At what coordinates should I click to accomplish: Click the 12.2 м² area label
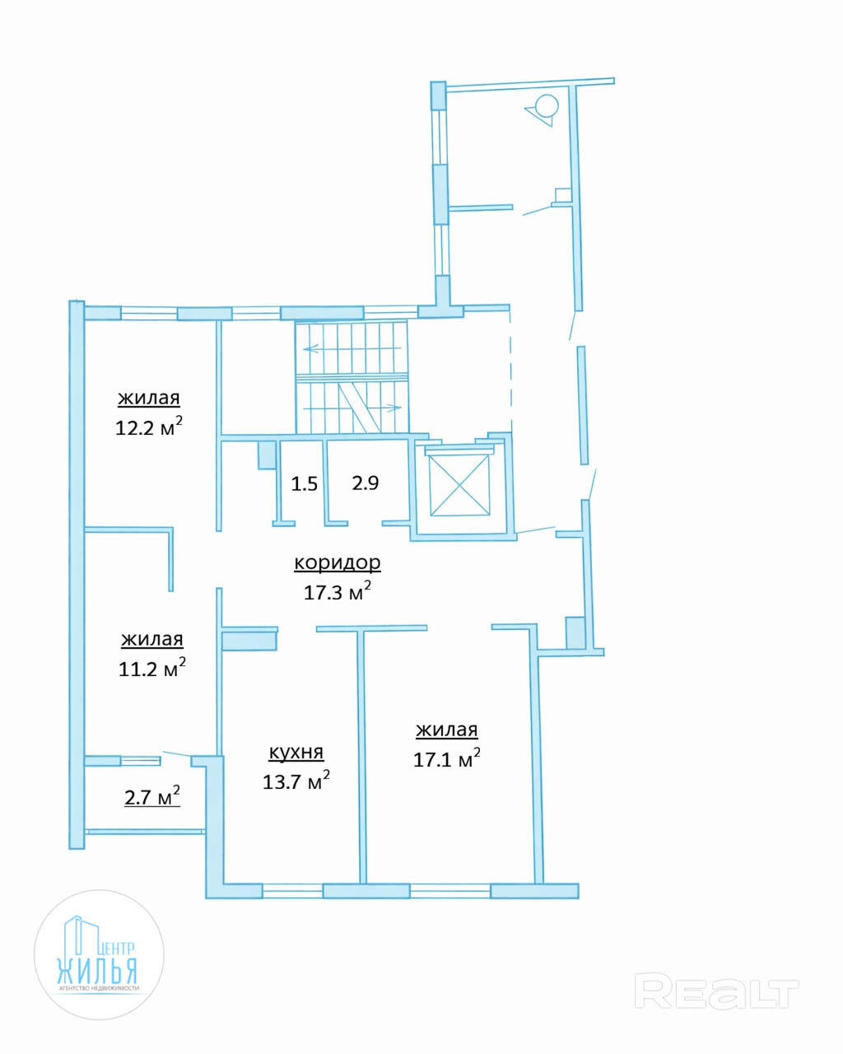pos(149,427)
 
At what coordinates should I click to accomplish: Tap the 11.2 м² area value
pos(151,668)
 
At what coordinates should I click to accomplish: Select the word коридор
pos(337,562)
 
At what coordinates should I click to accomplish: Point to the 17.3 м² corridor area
pos(337,592)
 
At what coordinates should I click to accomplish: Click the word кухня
pos(296,752)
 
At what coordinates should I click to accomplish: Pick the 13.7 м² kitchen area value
pos(296,781)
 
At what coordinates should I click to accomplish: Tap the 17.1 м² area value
pos(447,759)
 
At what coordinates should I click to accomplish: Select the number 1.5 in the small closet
pos(304,484)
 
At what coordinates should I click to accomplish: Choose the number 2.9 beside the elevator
pos(366,483)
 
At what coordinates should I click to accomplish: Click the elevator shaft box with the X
pos(459,485)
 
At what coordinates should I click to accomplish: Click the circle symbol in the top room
pos(547,106)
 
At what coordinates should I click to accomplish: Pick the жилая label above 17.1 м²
pos(447,730)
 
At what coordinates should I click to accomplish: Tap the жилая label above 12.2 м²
pos(149,399)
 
